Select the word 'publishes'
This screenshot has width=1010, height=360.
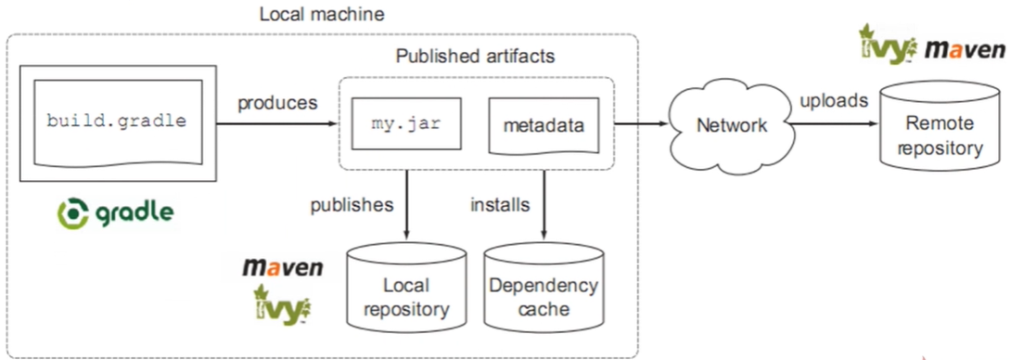click(x=352, y=204)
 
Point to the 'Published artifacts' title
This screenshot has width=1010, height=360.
click(x=475, y=57)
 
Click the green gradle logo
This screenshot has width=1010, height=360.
click(x=115, y=212)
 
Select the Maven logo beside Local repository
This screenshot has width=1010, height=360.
click(x=283, y=268)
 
